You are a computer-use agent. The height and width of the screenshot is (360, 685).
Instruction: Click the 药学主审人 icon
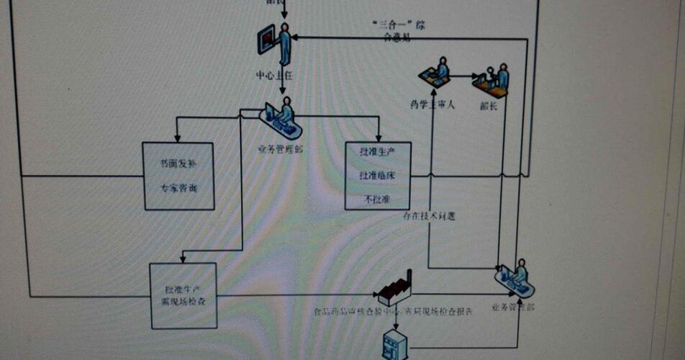(x=435, y=73)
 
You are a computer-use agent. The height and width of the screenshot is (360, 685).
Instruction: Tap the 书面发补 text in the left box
(x=178, y=164)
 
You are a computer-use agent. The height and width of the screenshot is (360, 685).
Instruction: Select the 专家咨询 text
(x=178, y=189)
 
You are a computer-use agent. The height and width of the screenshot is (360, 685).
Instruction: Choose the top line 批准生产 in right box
(x=377, y=153)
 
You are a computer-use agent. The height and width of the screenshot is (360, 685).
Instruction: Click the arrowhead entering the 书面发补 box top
(x=177, y=139)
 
